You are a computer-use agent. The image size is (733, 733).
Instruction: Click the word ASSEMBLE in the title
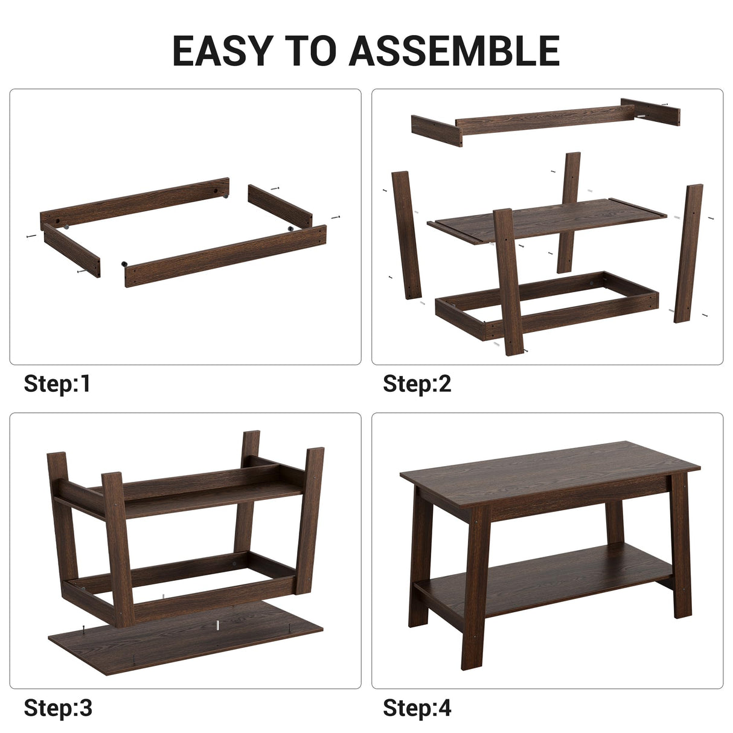(454, 51)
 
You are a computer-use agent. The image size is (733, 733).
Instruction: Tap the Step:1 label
(57, 383)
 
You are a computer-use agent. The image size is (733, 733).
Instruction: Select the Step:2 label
(417, 383)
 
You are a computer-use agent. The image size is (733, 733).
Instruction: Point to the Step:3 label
(58, 707)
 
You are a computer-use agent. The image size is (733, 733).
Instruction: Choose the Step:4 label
(417, 707)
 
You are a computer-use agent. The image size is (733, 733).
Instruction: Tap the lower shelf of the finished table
(543, 574)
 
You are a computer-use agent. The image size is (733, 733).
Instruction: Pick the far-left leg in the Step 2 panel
(406, 235)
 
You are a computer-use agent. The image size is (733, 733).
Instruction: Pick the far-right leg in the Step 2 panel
(688, 254)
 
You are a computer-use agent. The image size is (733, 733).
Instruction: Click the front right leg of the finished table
(681, 543)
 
